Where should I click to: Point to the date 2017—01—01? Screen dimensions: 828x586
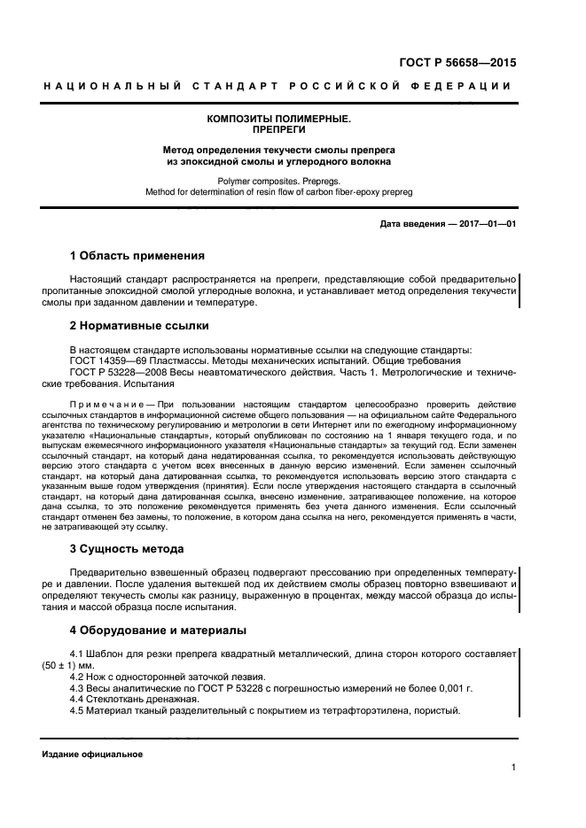click(485, 223)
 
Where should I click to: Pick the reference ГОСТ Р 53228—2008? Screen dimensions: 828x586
click(121, 373)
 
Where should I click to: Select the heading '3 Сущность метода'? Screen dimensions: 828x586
click(127, 549)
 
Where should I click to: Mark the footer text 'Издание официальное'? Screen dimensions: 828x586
click(91, 754)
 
